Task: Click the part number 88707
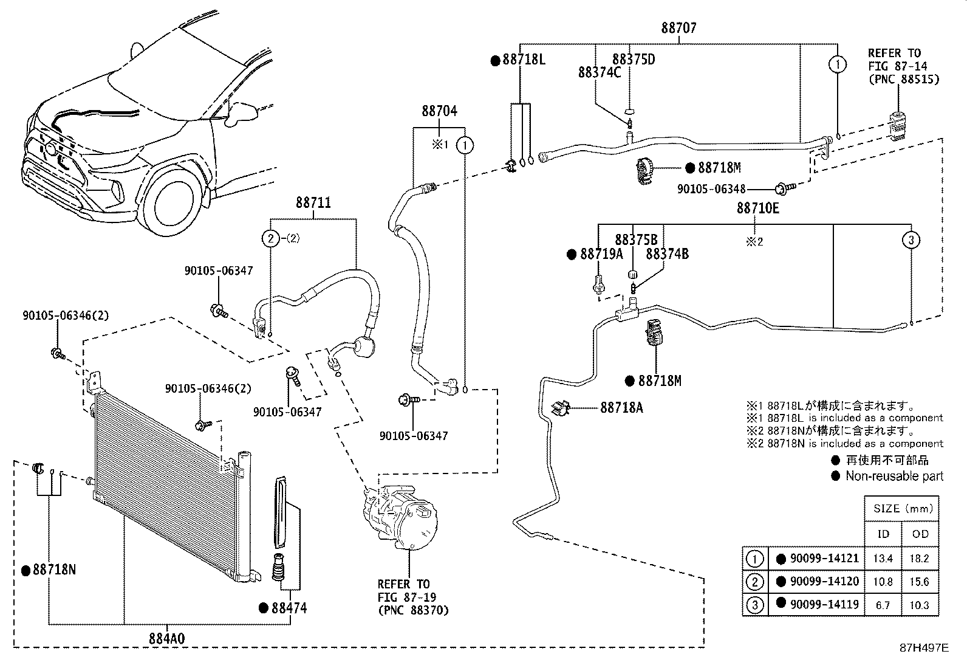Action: pos(678,28)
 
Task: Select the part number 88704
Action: pos(439,111)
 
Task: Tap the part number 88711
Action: pos(313,202)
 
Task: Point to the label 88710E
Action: pos(757,208)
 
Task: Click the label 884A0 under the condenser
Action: pos(166,639)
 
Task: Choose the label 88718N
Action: pos(54,570)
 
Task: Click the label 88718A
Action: pos(621,408)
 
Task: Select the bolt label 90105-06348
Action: pos(711,190)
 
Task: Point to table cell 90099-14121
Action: pos(824,559)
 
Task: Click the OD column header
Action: pos(920,534)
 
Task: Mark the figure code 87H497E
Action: pos(924,648)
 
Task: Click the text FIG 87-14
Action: pos(894,66)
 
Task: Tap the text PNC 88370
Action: pos(413,610)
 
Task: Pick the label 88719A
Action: pos(601,254)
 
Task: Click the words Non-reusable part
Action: pos(894,477)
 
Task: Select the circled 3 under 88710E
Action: pos(911,240)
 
